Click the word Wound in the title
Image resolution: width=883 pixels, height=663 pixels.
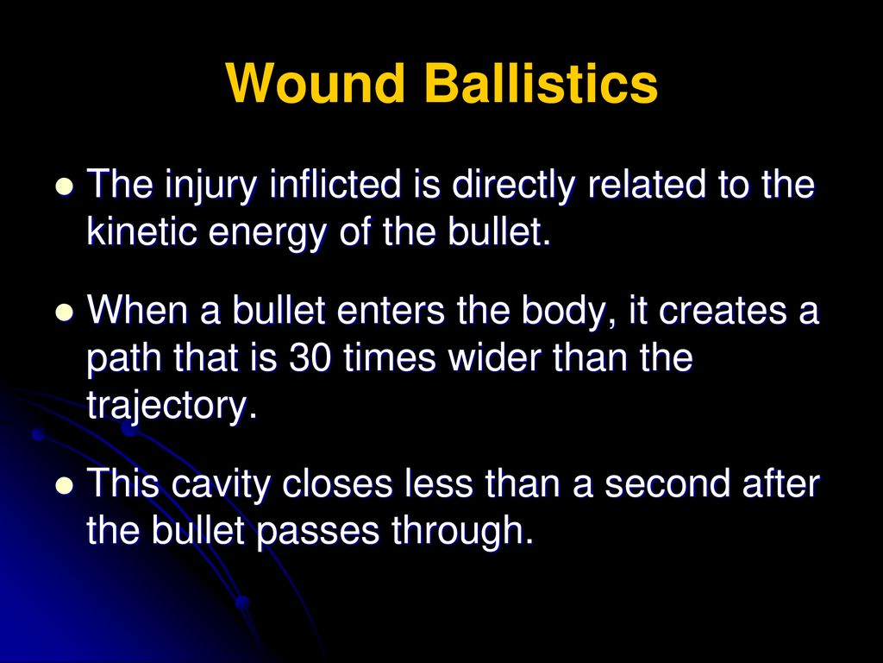click(316, 83)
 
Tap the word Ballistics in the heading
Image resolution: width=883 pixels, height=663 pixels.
click(542, 83)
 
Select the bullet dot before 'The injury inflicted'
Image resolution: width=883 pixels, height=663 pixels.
click(66, 186)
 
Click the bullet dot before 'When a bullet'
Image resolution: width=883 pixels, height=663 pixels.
click(66, 311)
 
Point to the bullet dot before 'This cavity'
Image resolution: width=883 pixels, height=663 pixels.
click(66, 484)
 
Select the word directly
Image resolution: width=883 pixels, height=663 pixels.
click(514, 186)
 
